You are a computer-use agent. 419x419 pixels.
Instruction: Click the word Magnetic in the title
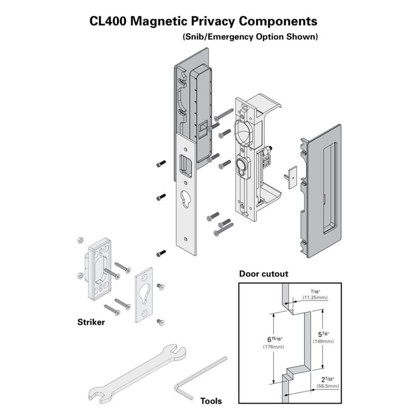click(160, 21)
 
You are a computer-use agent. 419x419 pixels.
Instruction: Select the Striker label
click(91, 322)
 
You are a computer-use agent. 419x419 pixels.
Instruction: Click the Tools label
click(211, 401)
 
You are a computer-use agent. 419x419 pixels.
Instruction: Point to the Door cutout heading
click(264, 274)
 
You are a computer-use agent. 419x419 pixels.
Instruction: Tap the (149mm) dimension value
click(323, 341)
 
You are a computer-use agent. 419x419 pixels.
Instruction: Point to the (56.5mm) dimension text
click(327, 386)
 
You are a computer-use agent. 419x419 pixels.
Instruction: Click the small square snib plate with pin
click(292, 176)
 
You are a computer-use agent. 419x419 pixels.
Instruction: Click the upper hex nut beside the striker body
click(79, 240)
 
